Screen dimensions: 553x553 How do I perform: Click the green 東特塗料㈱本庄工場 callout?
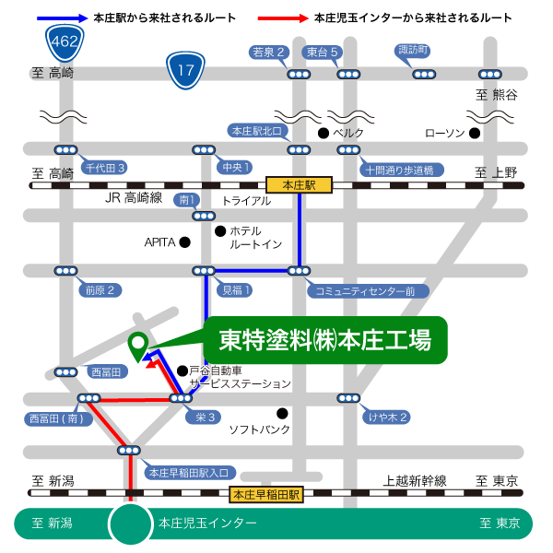325,341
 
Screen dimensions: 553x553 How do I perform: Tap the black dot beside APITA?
184,242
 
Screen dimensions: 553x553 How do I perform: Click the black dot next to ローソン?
475,133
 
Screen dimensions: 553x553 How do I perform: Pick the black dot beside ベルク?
324,133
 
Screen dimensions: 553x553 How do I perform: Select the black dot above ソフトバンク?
282,413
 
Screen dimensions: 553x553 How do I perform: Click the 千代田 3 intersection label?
105,167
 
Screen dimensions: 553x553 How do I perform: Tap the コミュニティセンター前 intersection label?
365,290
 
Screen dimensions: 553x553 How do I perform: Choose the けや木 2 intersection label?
388,418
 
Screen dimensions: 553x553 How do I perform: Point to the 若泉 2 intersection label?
270,52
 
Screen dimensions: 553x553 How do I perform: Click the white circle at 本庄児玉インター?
130,524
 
